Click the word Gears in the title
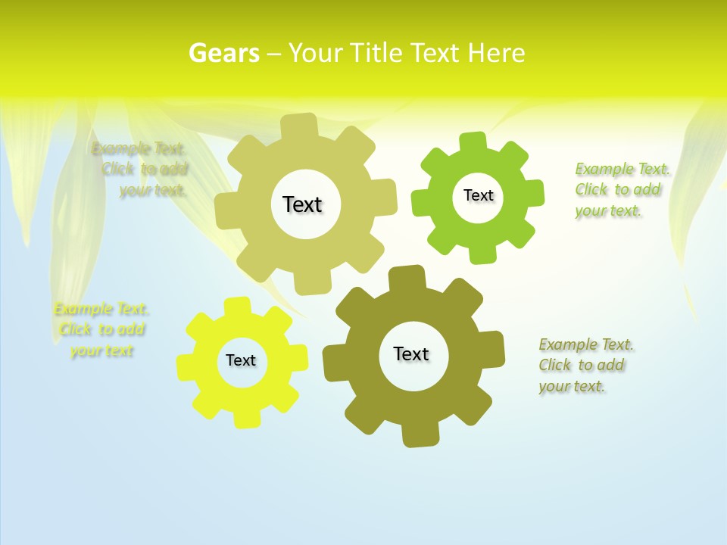click(223, 53)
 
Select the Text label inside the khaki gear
click(302, 204)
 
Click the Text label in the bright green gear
click(478, 195)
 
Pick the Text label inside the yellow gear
click(241, 360)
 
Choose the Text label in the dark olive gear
click(411, 353)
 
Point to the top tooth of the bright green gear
click(473, 142)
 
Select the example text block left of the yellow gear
click(101, 329)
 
